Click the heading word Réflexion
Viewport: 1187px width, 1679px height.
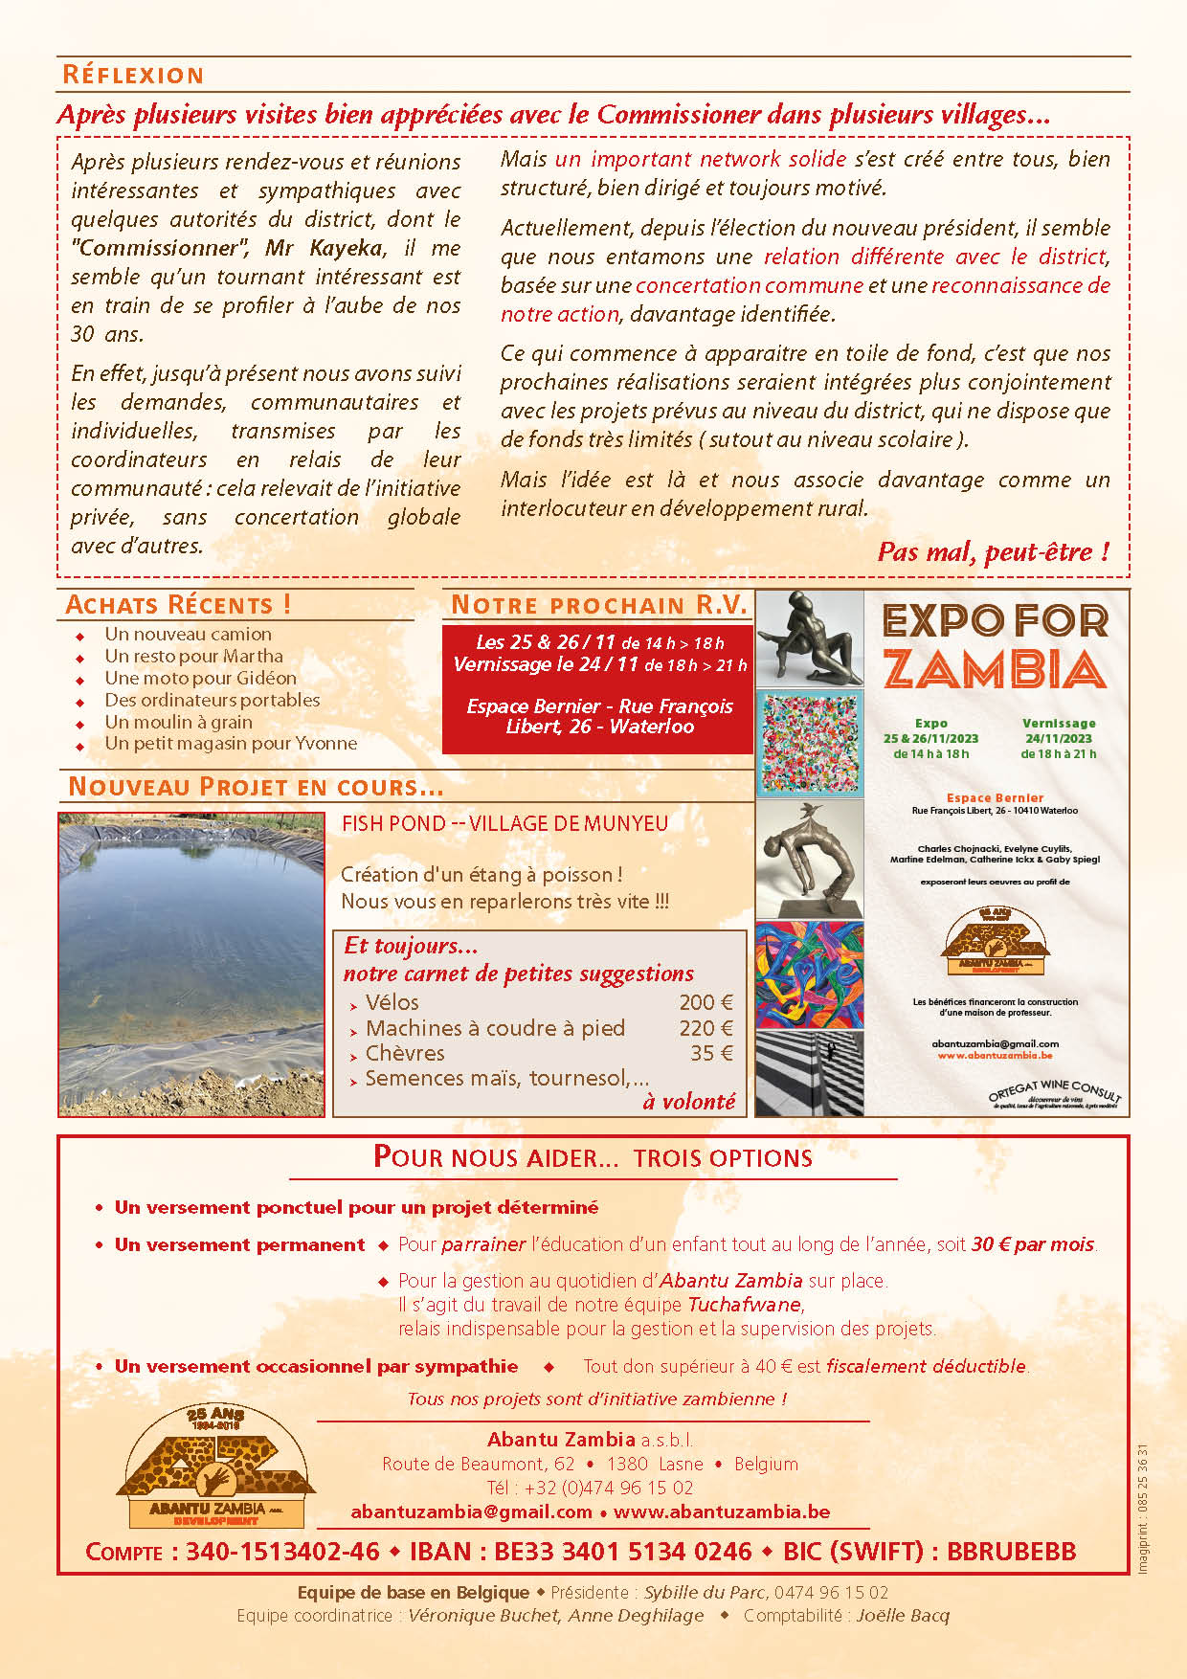click(x=133, y=75)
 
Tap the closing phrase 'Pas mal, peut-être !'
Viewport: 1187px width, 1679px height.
click(x=993, y=551)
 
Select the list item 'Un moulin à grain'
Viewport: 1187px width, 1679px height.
click(x=178, y=722)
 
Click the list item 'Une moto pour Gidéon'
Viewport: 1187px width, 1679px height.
click(x=200, y=678)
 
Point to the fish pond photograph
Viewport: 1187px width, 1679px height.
click(x=191, y=964)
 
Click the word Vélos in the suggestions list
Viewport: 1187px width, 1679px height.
click(x=392, y=1002)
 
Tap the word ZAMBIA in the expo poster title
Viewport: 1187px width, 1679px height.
click(x=994, y=670)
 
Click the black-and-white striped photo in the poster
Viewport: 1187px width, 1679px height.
click(x=809, y=1073)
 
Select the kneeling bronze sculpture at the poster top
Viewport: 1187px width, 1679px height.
click(x=809, y=638)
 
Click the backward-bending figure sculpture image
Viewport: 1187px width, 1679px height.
click(x=809, y=859)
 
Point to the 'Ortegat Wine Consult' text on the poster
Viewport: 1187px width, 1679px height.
click(x=1054, y=1090)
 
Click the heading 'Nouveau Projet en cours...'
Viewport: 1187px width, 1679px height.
click(x=256, y=787)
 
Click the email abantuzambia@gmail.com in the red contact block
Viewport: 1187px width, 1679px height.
click(x=471, y=1511)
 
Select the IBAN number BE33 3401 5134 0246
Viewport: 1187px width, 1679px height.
click(x=622, y=1552)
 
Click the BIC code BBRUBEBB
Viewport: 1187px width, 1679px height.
click(x=1011, y=1552)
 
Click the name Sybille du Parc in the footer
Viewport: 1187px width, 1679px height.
click(x=705, y=1592)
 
